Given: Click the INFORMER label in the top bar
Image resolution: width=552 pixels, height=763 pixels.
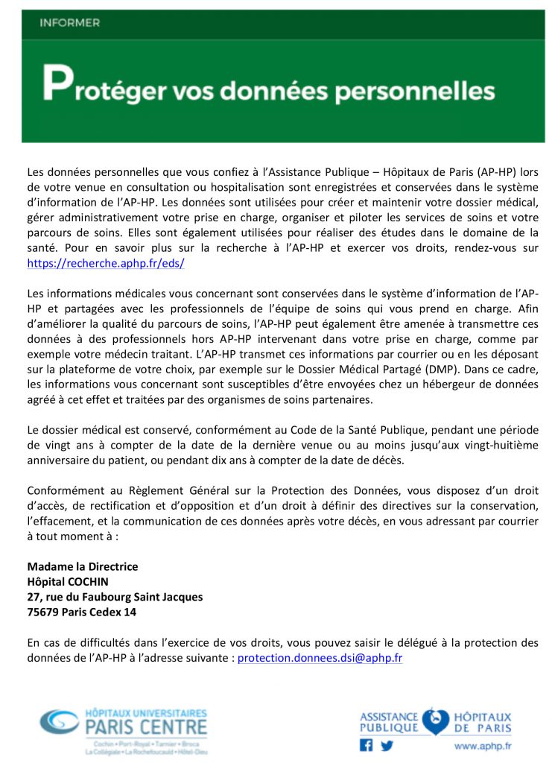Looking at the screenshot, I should [x=69, y=23].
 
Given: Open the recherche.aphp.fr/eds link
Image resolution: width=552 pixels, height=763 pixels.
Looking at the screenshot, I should [x=105, y=264].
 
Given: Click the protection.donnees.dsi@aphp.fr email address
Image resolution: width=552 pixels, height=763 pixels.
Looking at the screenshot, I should [x=320, y=659].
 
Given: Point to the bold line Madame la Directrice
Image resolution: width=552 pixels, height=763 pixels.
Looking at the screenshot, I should [x=82, y=567].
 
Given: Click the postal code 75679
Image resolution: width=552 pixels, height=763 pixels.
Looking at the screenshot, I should [x=44, y=612].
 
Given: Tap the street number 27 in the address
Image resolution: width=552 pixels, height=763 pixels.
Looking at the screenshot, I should [x=34, y=597].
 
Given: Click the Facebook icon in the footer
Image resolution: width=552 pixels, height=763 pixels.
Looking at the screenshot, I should [x=366, y=744].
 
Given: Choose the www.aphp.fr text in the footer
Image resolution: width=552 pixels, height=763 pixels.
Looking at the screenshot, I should [x=482, y=745].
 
